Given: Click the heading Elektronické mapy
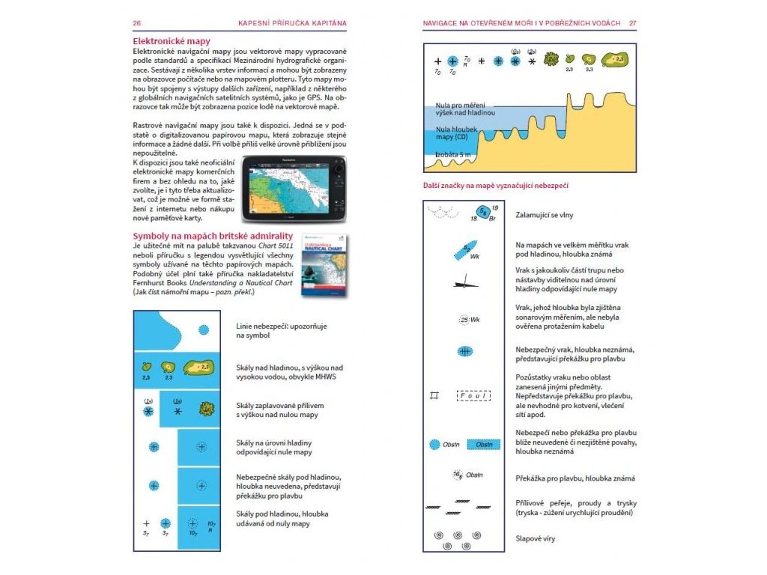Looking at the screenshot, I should [x=172, y=41].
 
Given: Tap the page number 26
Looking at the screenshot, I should [x=137, y=23].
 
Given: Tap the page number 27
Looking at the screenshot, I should [x=632, y=23].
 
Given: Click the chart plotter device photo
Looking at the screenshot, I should [x=294, y=189].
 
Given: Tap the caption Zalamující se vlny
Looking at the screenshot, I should [x=545, y=215].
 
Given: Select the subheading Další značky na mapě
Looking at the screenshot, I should [x=500, y=186].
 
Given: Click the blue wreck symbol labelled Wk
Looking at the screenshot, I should [x=465, y=250].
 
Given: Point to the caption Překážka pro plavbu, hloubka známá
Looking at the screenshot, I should [x=575, y=478].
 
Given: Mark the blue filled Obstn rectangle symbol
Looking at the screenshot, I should [x=483, y=445].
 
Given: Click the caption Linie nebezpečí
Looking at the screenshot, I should [x=282, y=331].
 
